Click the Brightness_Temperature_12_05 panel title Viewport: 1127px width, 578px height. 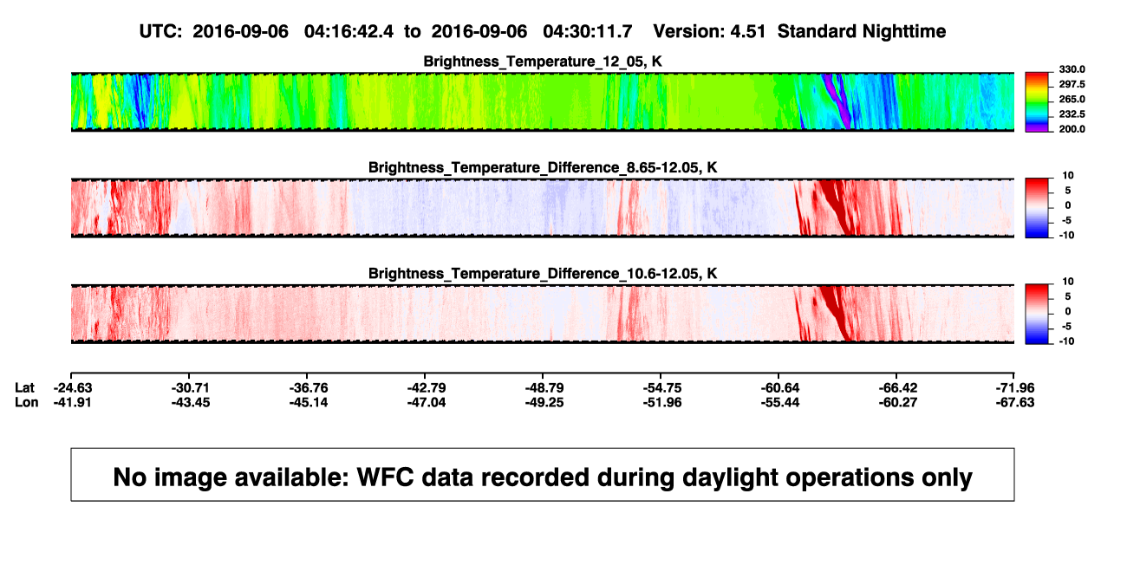[x=543, y=62]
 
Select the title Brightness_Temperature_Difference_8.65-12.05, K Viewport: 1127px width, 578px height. [x=543, y=167]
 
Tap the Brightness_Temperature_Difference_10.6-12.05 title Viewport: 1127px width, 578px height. [x=543, y=274]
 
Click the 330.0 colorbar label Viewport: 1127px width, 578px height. [x=1072, y=69]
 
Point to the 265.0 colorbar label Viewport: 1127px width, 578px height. [x=1072, y=99]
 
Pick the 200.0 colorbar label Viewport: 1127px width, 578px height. [x=1072, y=129]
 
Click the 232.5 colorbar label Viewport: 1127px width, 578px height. [x=1072, y=114]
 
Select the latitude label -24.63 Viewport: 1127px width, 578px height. [x=73, y=388]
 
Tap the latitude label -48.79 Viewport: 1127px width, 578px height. [x=544, y=388]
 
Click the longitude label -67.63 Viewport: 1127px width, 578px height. [x=1015, y=402]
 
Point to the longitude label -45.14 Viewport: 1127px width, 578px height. [x=309, y=402]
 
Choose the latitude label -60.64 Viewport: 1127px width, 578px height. [x=780, y=388]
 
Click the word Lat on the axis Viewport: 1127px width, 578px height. [x=24, y=388]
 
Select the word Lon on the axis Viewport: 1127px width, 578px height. [x=27, y=402]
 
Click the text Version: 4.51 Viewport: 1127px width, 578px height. [x=709, y=31]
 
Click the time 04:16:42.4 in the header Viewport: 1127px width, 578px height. [x=349, y=31]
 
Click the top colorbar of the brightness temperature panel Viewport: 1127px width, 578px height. [x=1037, y=102]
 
